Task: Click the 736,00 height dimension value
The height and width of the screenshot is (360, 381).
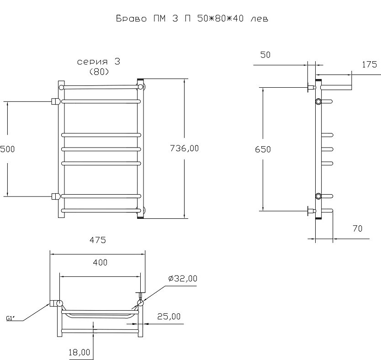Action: pyautogui.click(x=185, y=148)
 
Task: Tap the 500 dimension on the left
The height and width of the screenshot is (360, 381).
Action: pyautogui.click(x=7, y=149)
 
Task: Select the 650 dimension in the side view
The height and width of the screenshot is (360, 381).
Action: pyautogui.click(x=263, y=149)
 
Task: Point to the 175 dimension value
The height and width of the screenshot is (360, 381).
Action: pyautogui.click(x=369, y=64)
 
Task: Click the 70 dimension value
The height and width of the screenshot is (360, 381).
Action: pyautogui.click(x=357, y=228)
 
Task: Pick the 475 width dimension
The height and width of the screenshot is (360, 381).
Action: pyautogui.click(x=98, y=240)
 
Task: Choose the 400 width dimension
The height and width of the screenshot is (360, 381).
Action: pyautogui.click(x=100, y=262)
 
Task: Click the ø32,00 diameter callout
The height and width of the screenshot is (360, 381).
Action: pyautogui.click(x=183, y=278)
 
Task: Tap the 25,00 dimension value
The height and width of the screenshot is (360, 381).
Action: pyautogui.click(x=169, y=316)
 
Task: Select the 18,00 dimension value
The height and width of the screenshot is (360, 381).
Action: pyautogui.click(x=79, y=352)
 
